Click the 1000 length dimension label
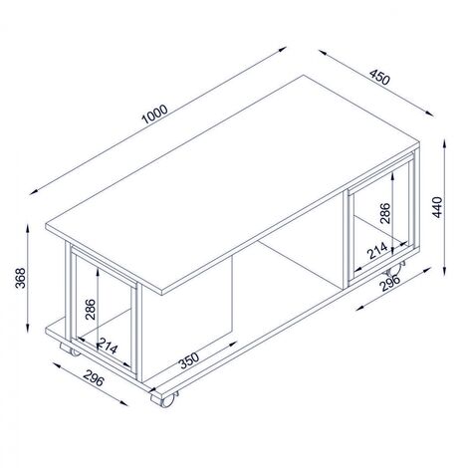(x=154, y=115)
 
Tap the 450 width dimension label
(x=379, y=77)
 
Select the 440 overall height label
(x=437, y=207)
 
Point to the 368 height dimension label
(x=21, y=278)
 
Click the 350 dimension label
(x=189, y=360)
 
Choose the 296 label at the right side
(x=390, y=283)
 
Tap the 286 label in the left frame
(x=91, y=310)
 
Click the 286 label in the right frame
(x=385, y=213)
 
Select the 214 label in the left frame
(x=108, y=346)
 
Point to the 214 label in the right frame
(x=377, y=251)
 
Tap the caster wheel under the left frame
(x=71, y=349)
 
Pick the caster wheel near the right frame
(x=395, y=269)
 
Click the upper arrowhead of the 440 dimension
(x=444, y=144)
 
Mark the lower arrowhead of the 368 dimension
(x=28, y=328)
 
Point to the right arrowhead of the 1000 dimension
(x=282, y=49)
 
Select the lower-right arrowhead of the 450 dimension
(x=429, y=114)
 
